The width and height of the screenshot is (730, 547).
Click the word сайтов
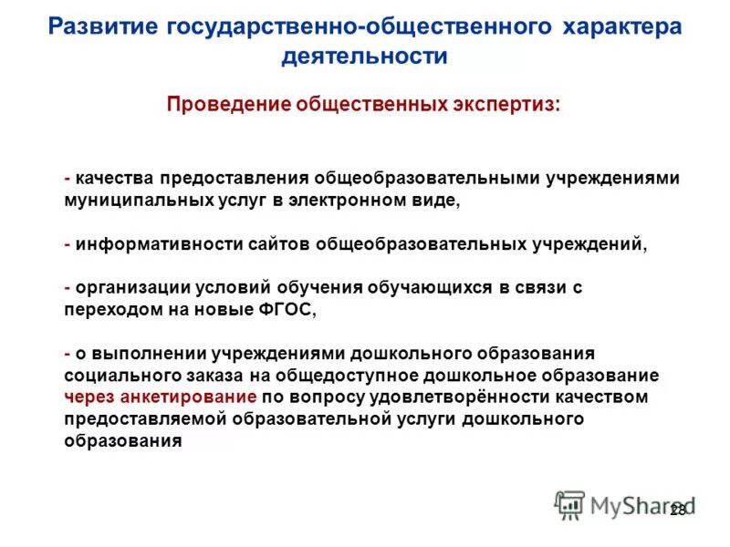point(280,243)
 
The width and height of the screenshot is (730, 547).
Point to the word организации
point(133,287)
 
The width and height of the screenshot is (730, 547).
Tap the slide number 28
point(678,511)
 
